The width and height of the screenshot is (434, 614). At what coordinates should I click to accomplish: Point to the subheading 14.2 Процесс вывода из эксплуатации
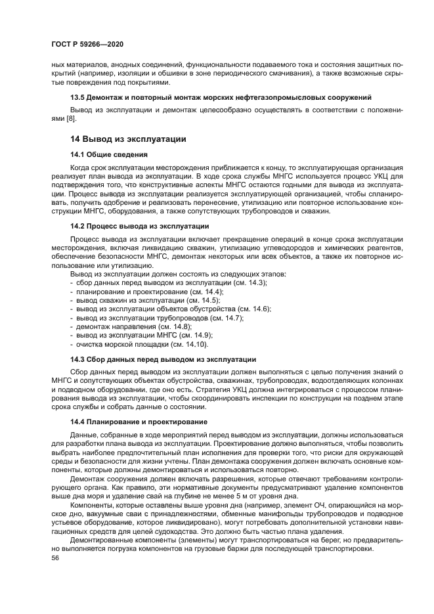pyautogui.click(x=139, y=226)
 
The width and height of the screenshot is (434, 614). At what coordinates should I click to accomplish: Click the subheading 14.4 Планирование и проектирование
pyautogui.click(x=139, y=421)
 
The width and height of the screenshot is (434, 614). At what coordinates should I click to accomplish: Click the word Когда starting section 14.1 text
pyautogui.click(x=81, y=168)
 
